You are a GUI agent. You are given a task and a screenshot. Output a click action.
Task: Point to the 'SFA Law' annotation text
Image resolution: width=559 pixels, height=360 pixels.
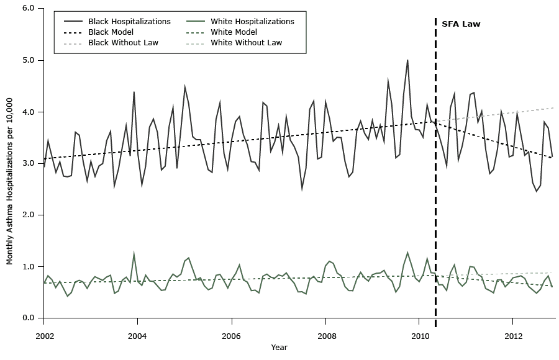[461, 24]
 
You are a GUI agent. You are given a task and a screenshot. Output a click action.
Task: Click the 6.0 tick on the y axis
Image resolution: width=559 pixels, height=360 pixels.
[29, 9]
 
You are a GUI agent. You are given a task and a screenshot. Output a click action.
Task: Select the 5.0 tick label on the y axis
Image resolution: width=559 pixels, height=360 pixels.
[29, 60]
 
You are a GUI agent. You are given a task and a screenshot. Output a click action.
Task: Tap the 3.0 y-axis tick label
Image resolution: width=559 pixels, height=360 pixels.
[29, 163]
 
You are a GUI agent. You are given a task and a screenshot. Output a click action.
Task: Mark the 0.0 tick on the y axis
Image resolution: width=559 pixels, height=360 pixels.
[29, 318]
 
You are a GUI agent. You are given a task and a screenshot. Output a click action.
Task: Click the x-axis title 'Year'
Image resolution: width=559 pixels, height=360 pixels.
[279, 348]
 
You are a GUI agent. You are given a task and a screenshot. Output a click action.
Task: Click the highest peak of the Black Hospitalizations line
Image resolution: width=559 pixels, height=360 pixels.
[407, 60]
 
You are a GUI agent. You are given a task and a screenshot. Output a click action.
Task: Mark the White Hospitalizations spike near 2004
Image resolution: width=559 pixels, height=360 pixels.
[134, 253]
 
